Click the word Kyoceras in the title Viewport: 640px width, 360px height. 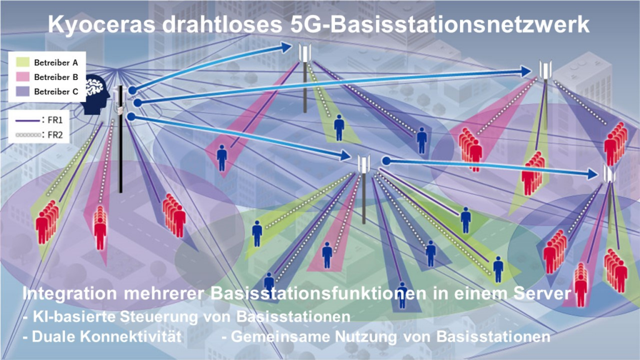click(x=102, y=25)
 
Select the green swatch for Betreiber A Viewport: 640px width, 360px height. click(x=23, y=62)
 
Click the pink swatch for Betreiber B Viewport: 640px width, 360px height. click(x=23, y=77)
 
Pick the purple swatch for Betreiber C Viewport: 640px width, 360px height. click(x=23, y=91)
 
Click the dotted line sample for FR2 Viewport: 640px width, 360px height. click(x=27, y=135)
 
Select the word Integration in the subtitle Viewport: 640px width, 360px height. click(x=69, y=294)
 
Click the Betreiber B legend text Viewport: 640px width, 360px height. click(x=56, y=77)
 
